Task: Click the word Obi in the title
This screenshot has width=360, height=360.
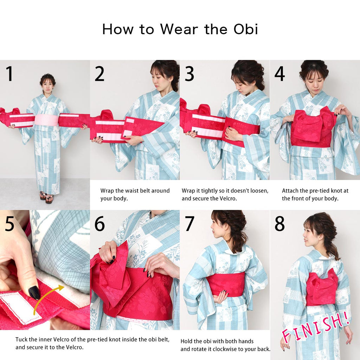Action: click(x=246, y=30)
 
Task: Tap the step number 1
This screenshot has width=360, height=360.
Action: click(x=9, y=73)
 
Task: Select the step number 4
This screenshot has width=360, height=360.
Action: click(x=279, y=74)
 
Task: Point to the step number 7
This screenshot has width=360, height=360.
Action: click(x=189, y=223)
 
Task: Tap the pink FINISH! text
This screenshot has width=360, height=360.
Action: click(x=316, y=326)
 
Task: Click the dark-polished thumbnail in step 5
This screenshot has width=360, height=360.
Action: click(x=34, y=292)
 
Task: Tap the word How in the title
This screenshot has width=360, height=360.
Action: click(x=117, y=30)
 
